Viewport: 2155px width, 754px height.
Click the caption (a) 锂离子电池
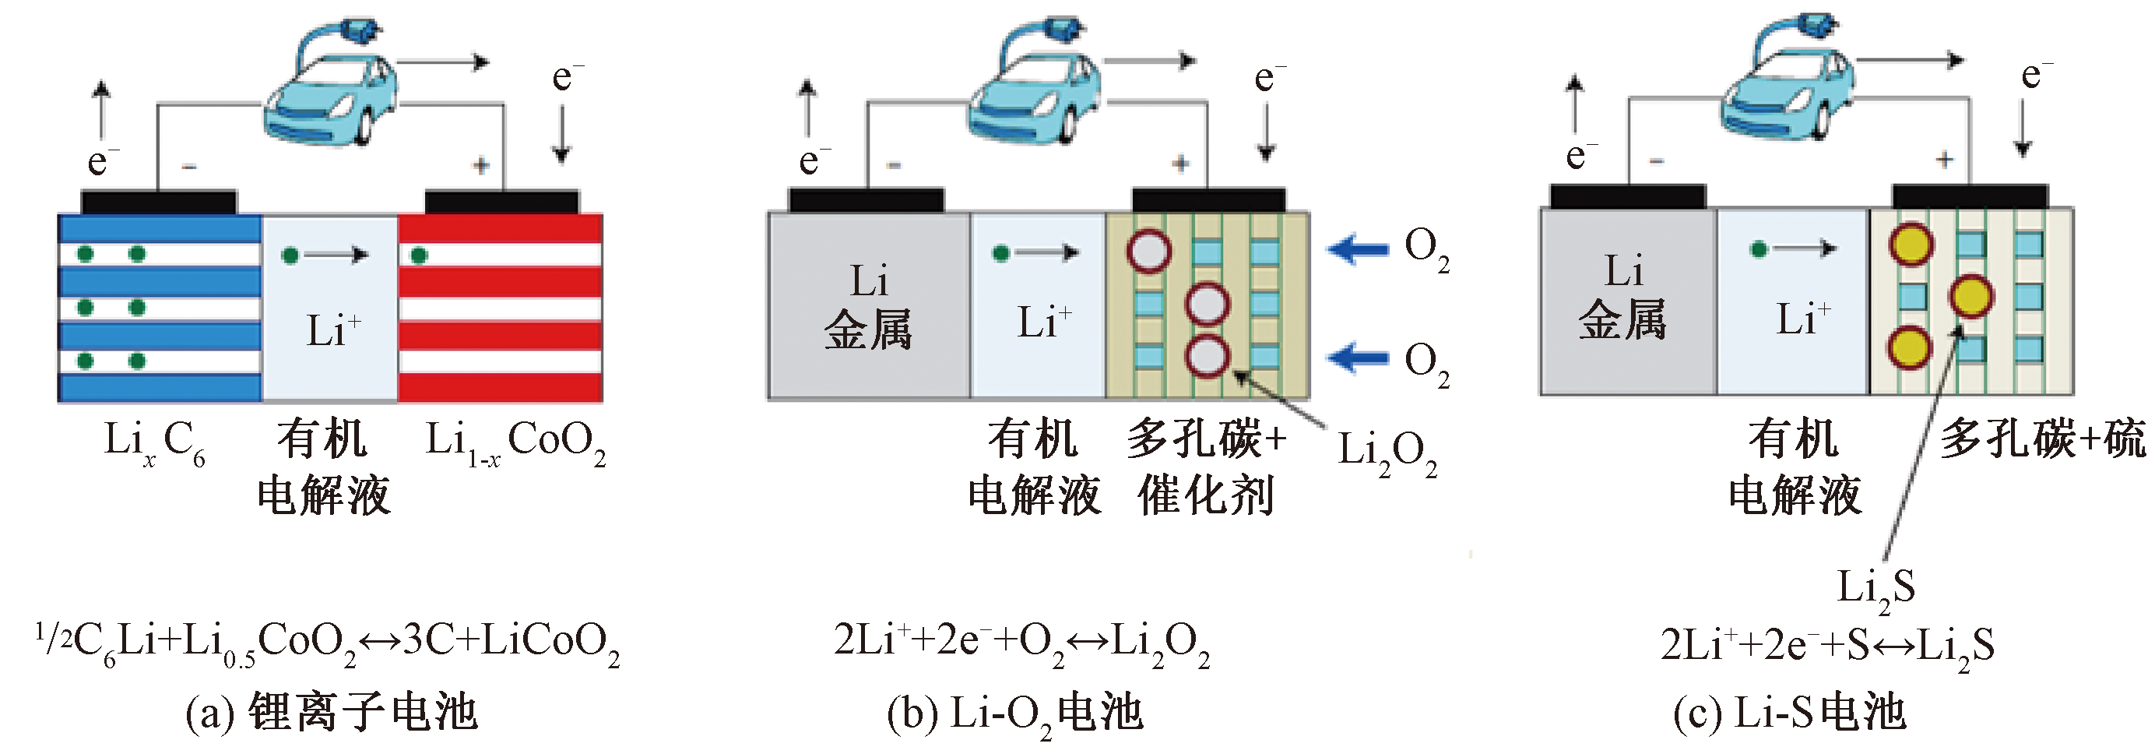[x=332, y=713]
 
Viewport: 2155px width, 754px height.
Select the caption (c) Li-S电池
[x=1788, y=713]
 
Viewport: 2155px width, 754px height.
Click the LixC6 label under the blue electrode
[x=154, y=442]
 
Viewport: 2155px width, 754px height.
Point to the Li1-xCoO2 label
[x=515, y=442]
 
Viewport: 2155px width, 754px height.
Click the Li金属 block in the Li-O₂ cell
[x=868, y=305]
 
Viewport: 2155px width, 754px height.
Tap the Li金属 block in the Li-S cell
[x=1623, y=297]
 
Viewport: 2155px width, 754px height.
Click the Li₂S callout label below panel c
[x=1876, y=587]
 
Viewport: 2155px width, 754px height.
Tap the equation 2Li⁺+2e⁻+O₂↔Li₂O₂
[x=1021, y=643]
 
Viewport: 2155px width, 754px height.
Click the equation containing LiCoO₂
[x=328, y=643]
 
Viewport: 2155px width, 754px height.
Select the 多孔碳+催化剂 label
[x=1205, y=467]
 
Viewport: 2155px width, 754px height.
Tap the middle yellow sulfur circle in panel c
[x=1971, y=296]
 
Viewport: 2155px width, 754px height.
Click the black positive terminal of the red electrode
[x=502, y=202]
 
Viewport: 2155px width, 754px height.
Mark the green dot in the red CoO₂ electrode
[x=420, y=255]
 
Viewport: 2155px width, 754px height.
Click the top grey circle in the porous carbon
[x=1148, y=250]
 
